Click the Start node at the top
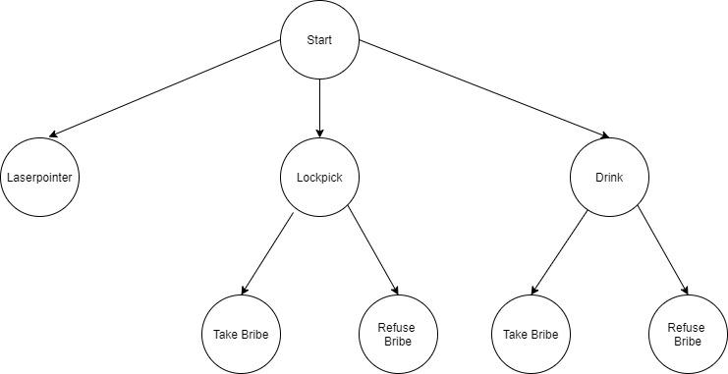(x=319, y=40)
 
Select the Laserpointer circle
(x=40, y=178)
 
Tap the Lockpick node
(x=319, y=178)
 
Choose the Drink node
(x=609, y=178)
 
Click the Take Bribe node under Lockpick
(x=241, y=334)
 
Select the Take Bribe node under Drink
(x=531, y=334)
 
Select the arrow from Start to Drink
(x=481, y=88)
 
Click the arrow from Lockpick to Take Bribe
(x=267, y=253)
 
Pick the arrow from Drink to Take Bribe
(x=558, y=253)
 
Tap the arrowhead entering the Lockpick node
(x=319, y=133)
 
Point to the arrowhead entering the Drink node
(x=598, y=136)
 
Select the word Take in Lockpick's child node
(x=226, y=334)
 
